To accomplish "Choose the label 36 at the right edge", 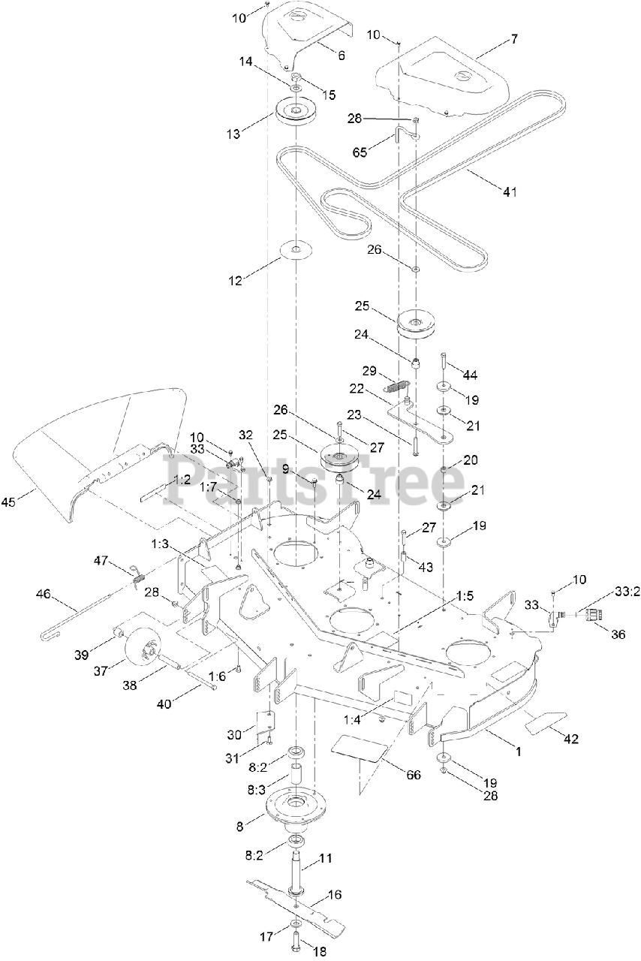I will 618,633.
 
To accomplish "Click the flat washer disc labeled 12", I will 297,249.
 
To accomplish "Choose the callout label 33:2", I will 626,592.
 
